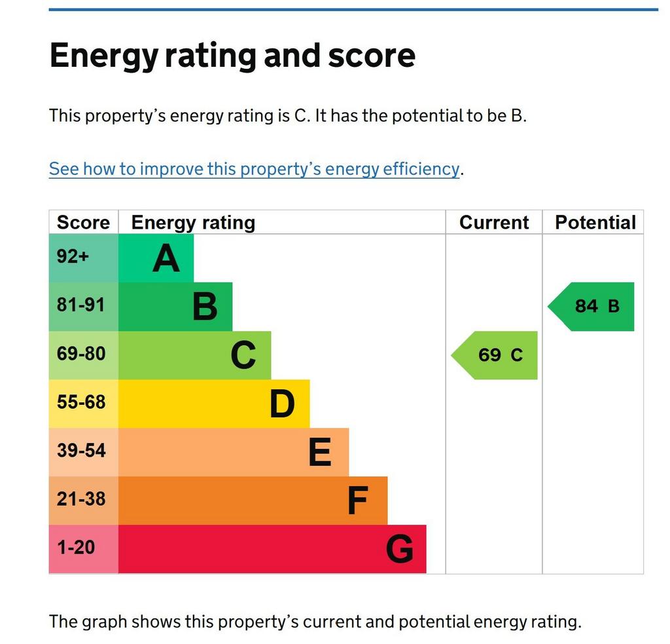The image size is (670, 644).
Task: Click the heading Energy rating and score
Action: (232, 56)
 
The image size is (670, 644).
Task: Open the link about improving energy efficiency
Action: (254, 169)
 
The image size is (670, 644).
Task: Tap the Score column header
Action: (83, 223)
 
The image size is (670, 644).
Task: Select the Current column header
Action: (494, 223)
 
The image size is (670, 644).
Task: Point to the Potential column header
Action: (595, 223)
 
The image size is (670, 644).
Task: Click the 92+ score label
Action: (73, 256)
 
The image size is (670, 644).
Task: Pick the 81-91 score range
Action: (80, 305)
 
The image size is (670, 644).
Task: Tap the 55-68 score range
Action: (81, 402)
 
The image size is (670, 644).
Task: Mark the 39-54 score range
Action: (81, 451)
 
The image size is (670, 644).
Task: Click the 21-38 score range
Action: (81, 499)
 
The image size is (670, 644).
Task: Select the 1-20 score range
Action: (76, 547)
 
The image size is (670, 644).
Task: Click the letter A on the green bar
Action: (166, 259)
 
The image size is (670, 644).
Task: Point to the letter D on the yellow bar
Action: (282, 404)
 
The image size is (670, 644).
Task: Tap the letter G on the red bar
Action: (400, 549)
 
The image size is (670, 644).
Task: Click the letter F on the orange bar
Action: (358, 501)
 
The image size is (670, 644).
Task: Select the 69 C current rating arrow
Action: (495, 355)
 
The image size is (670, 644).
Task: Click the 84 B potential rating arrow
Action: (591, 307)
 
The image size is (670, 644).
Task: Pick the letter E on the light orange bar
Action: (320, 452)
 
